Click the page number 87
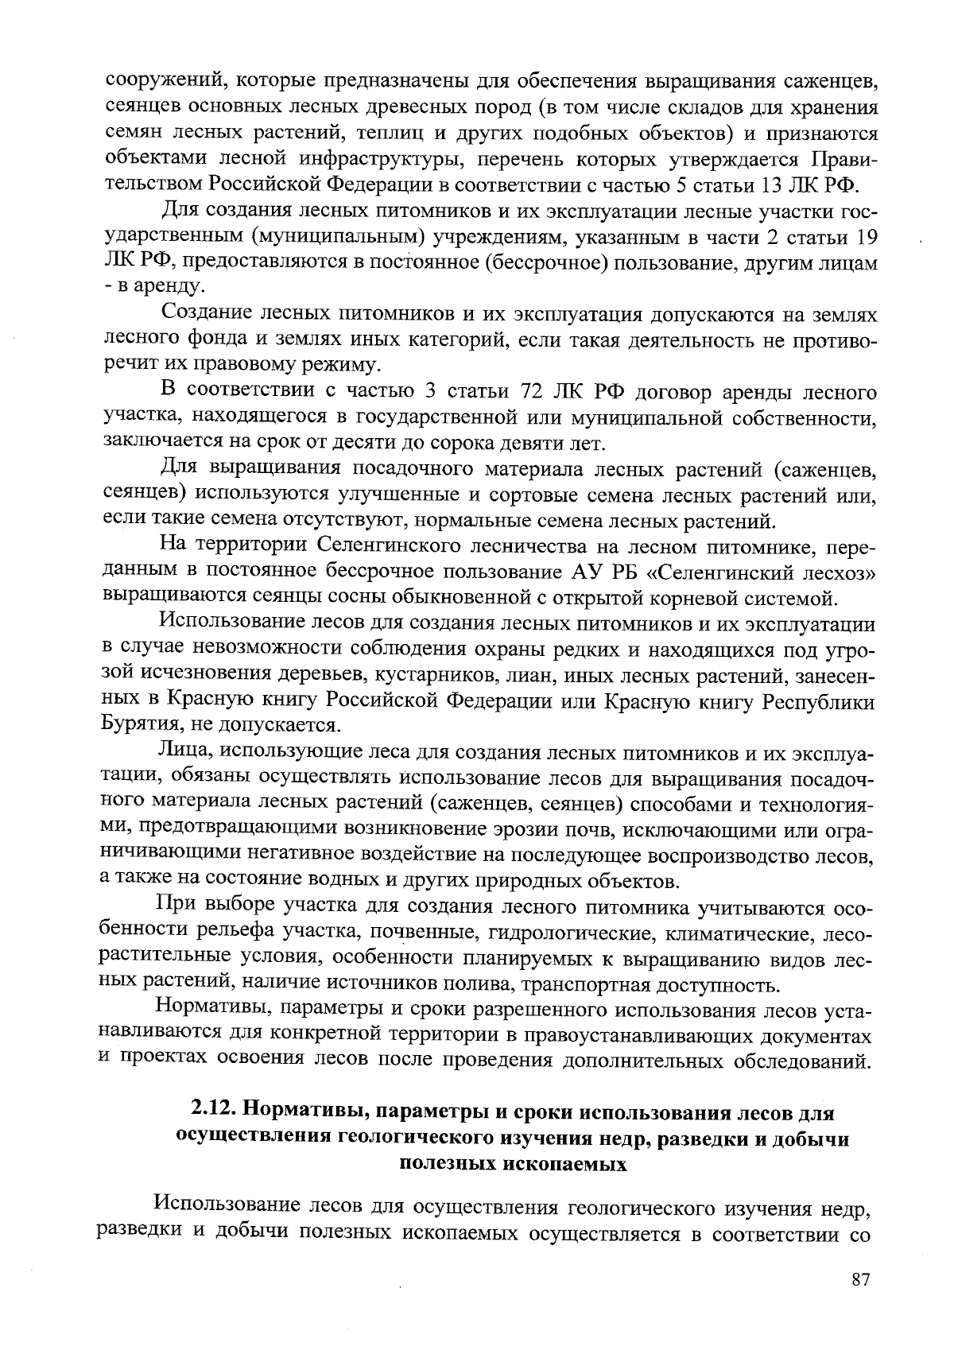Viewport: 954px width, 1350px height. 861,1279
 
